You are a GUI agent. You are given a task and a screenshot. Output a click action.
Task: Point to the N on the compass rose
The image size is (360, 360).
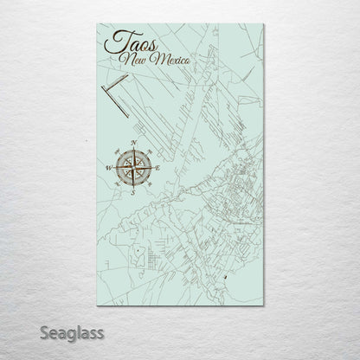[133, 141]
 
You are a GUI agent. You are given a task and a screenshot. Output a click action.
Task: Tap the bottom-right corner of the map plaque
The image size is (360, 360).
[262, 306]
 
